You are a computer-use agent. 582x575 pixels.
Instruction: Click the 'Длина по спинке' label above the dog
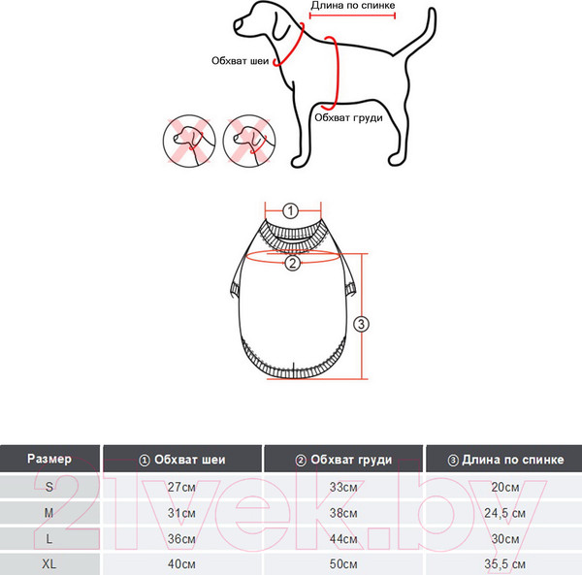[x=353, y=6]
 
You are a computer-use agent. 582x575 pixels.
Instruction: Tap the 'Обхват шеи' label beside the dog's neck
[x=240, y=61]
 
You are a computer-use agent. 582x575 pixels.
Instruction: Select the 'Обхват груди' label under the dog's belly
[x=348, y=118]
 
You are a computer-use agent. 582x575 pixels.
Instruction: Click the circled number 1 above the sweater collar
[x=290, y=210]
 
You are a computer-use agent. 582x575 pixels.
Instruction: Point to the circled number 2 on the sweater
[x=293, y=263]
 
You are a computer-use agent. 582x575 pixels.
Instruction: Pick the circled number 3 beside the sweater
[x=361, y=324]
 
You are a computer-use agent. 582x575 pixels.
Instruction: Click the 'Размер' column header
[x=49, y=459]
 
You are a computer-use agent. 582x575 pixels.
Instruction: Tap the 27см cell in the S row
[x=181, y=487]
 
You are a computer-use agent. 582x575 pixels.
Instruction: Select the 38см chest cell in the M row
[x=343, y=513]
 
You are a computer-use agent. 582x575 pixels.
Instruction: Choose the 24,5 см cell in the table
[x=504, y=513]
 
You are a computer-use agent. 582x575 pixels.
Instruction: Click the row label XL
[x=49, y=564]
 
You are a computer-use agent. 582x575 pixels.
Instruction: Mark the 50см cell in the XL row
[x=343, y=564]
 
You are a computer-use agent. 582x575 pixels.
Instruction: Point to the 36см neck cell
[x=181, y=539]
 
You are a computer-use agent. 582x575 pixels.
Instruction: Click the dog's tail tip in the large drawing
[x=432, y=10]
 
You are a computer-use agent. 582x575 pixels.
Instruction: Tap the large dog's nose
[x=237, y=25]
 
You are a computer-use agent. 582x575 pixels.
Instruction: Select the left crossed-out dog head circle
[x=189, y=141]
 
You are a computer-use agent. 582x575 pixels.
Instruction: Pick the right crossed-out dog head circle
[x=249, y=141]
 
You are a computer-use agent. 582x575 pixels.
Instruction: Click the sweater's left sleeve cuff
[x=235, y=289]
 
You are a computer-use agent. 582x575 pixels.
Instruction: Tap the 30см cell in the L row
[x=504, y=539]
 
